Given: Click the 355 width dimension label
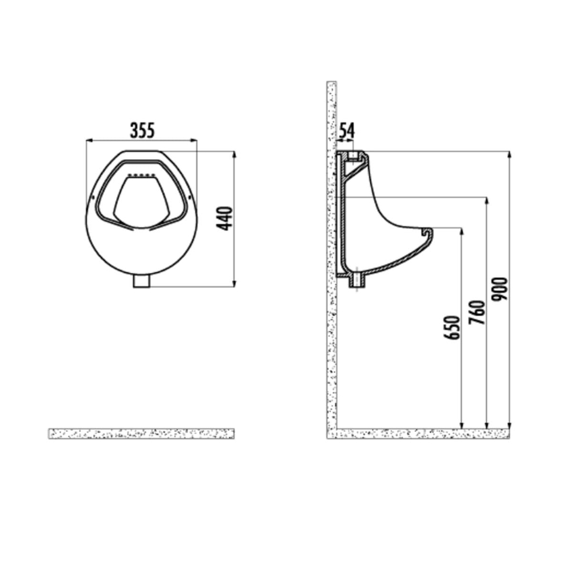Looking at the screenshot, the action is (142, 130).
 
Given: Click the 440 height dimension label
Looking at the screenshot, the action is (224, 218).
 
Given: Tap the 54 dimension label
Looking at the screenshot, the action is (347, 131).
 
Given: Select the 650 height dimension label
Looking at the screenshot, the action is (452, 328).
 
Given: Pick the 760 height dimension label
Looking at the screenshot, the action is (477, 312).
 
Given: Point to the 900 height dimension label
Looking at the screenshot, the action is (499, 289).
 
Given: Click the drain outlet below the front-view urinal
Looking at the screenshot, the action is (142, 282).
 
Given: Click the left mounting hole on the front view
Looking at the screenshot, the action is (93, 197).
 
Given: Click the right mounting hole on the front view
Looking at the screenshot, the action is (189, 197).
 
